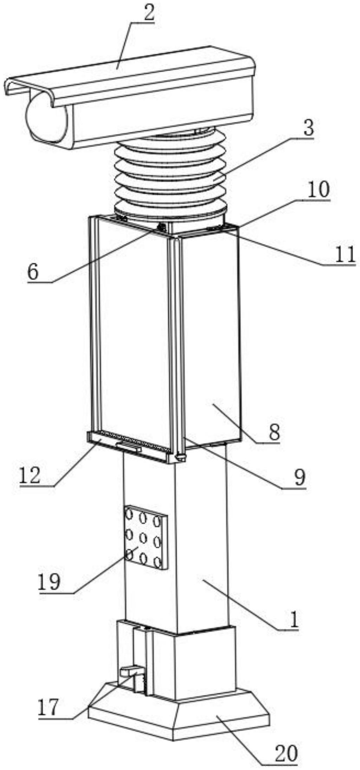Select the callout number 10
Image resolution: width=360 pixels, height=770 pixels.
click(319, 190)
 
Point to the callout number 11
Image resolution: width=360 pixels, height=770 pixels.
click(345, 256)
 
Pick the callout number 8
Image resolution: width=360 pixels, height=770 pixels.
click(275, 432)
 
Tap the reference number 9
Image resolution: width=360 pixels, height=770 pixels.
click(299, 477)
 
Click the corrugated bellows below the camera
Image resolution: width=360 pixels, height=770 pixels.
click(171, 172)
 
